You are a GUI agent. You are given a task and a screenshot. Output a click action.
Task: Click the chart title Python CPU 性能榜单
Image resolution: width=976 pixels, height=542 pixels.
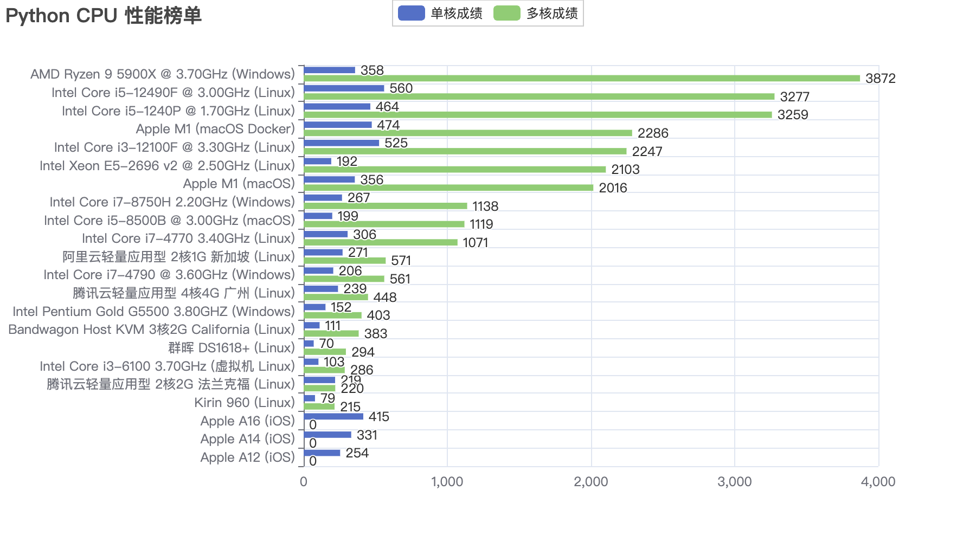coord(104,16)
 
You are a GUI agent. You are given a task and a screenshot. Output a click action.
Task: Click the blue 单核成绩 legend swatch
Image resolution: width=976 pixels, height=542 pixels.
coord(411,13)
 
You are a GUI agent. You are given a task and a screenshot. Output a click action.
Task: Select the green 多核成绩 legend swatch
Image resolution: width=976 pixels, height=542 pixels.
coord(506,13)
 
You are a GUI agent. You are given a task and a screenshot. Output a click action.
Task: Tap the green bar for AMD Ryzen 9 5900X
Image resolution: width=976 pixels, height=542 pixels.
coord(582,79)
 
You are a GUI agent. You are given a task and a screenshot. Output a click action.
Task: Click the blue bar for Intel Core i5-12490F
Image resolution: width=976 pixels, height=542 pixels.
coord(344,88)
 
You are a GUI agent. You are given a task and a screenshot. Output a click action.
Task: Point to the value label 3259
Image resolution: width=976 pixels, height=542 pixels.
coord(793,115)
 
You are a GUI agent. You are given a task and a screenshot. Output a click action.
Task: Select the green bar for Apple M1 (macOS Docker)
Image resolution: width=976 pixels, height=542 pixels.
coord(468,133)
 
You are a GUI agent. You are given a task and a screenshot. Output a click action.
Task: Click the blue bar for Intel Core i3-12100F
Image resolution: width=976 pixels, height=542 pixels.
coord(342,143)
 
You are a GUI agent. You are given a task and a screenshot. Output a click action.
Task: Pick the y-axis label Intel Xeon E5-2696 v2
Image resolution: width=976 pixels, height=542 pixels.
coord(167,166)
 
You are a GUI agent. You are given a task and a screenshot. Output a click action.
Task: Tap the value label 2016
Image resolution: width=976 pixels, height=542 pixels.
coord(613,188)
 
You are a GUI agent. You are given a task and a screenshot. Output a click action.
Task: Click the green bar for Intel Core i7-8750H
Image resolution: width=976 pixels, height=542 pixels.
coord(386,206)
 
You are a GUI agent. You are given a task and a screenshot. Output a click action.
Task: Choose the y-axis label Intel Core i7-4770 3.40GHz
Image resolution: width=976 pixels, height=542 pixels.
coord(188,238)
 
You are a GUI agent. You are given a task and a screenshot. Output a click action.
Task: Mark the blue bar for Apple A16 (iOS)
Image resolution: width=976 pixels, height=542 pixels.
coord(333,416)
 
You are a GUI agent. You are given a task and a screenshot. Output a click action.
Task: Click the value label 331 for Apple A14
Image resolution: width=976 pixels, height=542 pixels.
coord(367,435)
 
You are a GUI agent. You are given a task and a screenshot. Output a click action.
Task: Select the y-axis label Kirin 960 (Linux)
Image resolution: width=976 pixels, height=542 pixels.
coord(245,403)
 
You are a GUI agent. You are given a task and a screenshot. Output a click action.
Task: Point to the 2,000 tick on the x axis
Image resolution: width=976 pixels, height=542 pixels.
coord(590,482)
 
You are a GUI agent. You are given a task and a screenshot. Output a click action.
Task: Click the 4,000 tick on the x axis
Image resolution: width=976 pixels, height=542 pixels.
coord(878,482)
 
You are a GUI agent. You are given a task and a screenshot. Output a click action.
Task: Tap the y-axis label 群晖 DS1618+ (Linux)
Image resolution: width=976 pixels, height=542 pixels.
coord(232,348)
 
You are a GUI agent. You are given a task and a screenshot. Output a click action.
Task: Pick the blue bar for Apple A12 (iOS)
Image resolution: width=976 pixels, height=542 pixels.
coord(322,453)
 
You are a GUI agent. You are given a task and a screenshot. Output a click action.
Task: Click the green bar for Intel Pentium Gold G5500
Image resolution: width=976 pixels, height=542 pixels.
coord(332,315)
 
